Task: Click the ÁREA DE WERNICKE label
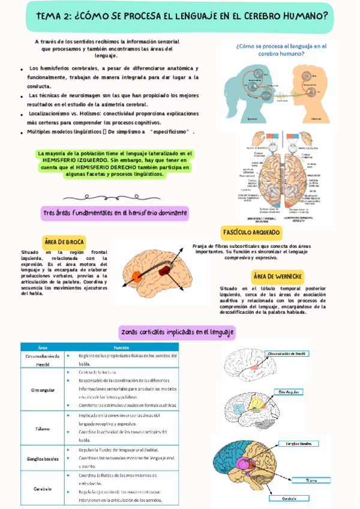pyautogui.click(x=277, y=276)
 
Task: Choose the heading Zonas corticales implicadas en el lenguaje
pyautogui.click(x=178, y=331)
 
